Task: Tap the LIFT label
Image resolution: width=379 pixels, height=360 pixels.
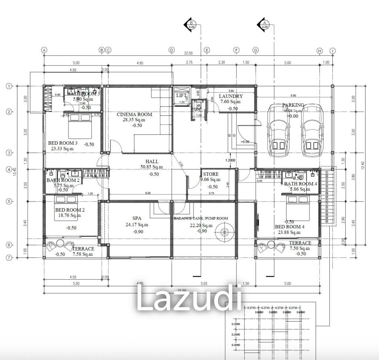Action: point(181,96)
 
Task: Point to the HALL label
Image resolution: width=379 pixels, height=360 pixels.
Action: point(152,162)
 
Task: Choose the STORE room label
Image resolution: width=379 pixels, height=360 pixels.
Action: point(211,174)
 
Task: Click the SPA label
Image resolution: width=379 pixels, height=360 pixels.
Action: point(137,218)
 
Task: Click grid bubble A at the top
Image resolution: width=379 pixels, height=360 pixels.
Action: point(44,50)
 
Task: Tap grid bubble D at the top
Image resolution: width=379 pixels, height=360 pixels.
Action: point(171,50)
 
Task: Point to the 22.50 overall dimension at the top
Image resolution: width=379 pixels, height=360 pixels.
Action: point(189,53)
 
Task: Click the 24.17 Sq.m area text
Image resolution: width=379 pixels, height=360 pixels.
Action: point(137,225)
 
